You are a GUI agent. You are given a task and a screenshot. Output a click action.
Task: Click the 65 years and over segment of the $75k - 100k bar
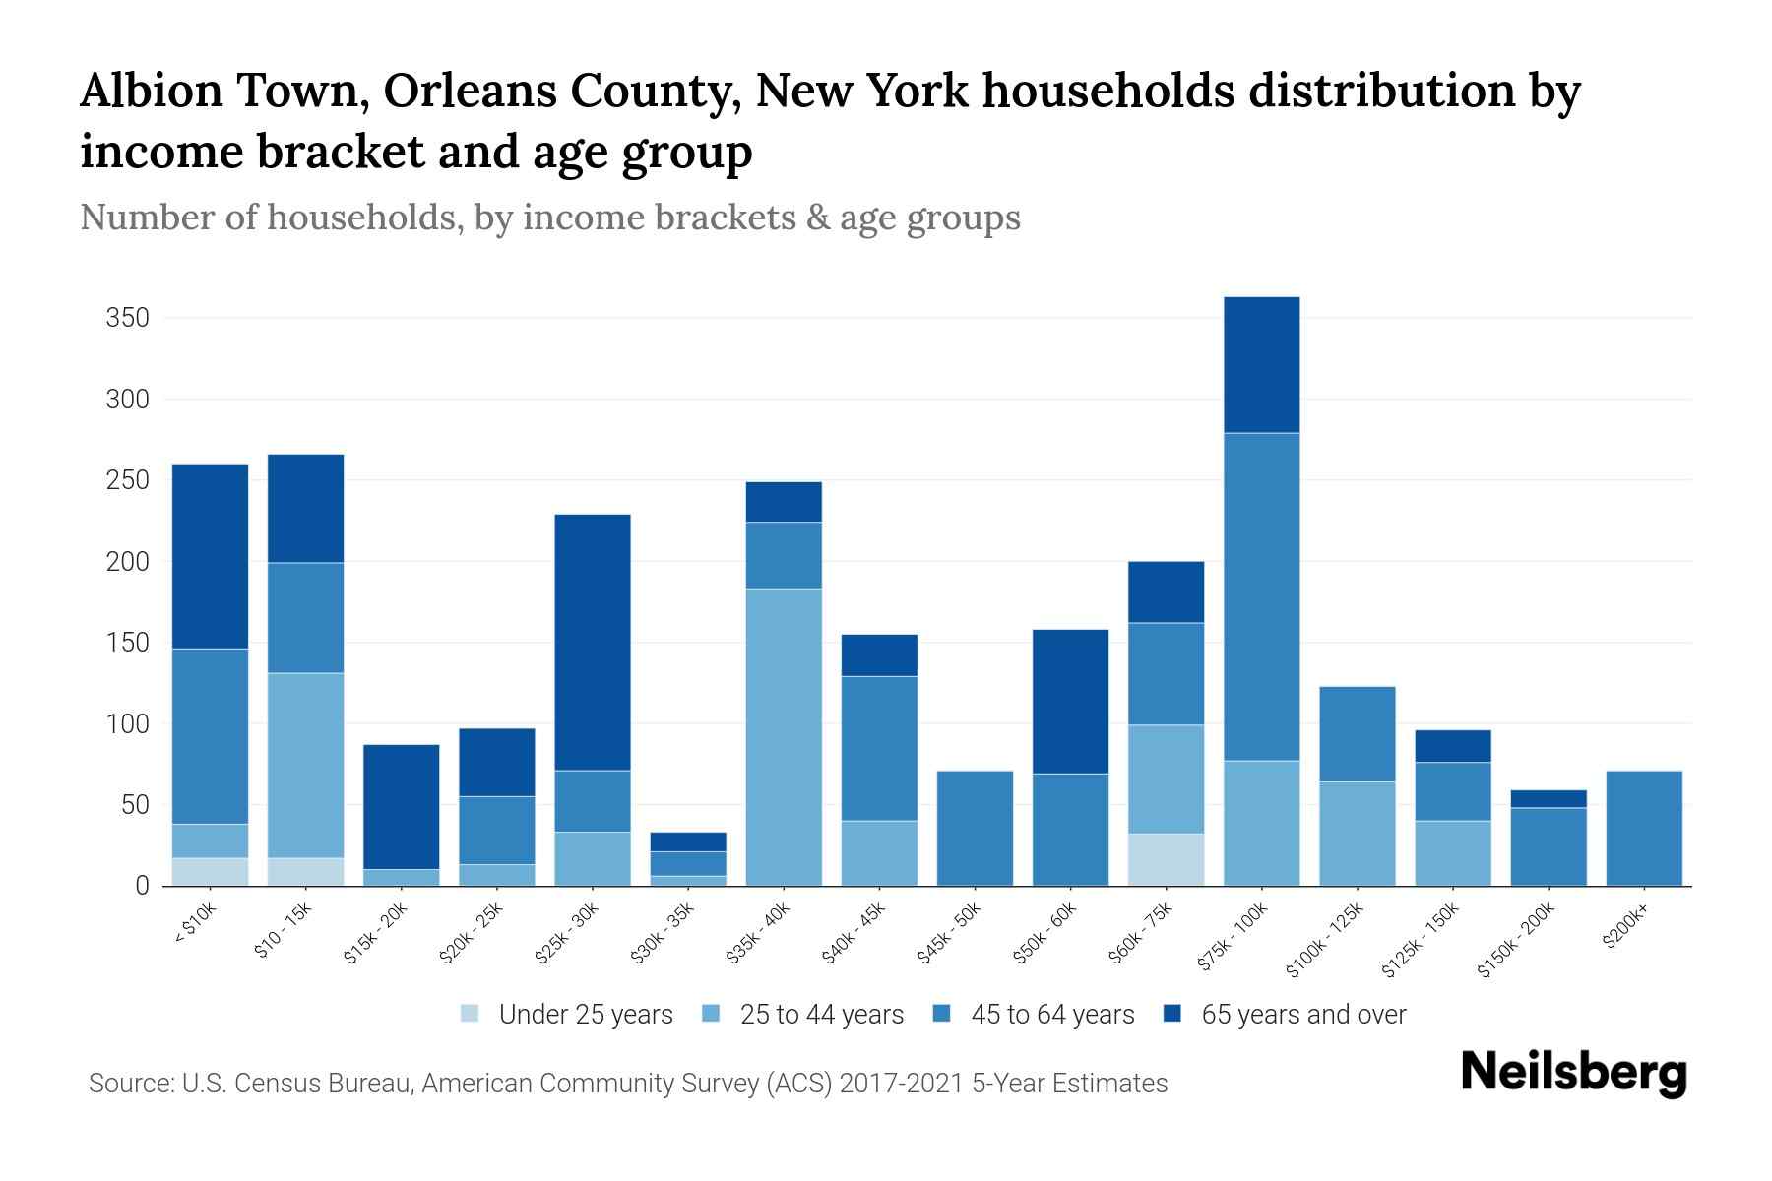(x=1261, y=365)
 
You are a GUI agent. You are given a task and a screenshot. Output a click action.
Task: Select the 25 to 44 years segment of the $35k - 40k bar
(x=784, y=737)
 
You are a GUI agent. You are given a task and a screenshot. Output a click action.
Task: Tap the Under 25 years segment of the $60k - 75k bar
(x=1166, y=860)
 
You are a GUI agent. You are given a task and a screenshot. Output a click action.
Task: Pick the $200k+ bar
(x=1643, y=829)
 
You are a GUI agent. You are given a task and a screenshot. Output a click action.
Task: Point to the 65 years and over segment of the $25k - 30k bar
(x=593, y=643)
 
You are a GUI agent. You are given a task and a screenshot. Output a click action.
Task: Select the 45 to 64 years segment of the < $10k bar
(x=210, y=736)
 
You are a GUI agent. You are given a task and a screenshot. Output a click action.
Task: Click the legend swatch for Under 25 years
(x=471, y=1014)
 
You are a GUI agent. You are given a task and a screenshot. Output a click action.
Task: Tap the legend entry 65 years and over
(x=1303, y=1015)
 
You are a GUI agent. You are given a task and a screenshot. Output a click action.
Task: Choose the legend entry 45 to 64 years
(x=1052, y=1015)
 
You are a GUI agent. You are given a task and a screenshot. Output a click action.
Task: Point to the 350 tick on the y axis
(x=128, y=318)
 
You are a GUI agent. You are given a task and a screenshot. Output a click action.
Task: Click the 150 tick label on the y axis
(x=128, y=643)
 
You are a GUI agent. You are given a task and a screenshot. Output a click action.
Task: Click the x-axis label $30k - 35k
(x=663, y=933)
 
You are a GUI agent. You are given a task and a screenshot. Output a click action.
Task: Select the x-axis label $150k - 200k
(x=1515, y=940)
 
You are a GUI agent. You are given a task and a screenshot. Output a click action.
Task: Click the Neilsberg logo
(x=1573, y=1073)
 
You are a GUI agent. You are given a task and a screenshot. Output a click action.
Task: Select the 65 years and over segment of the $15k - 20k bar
(x=401, y=807)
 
